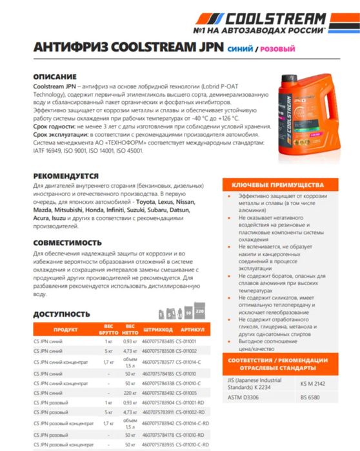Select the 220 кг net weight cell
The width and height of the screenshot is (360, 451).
pos(131,391)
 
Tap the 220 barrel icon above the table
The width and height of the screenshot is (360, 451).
pos(199,312)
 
